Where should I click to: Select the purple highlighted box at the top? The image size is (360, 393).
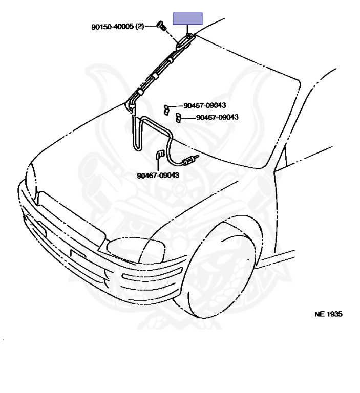point(187,19)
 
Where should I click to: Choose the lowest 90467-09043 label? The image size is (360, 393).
point(158,175)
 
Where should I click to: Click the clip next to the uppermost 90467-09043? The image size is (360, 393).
point(167,108)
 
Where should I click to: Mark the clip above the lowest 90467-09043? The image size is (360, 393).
point(159,155)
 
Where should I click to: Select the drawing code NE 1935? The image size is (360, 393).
point(328,314)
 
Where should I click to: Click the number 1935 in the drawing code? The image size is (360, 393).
point(334,314)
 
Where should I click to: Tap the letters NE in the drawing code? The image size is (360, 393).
point(319,314)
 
